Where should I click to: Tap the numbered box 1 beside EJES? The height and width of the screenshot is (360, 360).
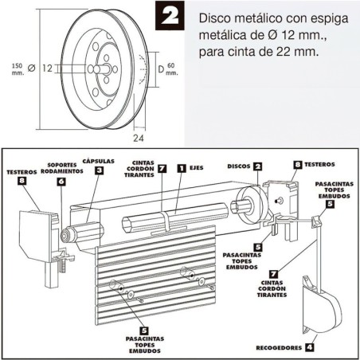[182, 168]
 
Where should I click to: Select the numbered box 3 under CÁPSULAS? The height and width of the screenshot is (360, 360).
[98, 170]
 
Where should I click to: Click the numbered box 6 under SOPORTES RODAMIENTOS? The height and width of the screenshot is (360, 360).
[61, 182]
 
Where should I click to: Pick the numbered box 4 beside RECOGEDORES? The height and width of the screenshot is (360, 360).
[310, 347]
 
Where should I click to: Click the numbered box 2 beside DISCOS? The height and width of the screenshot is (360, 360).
[257, 166]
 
